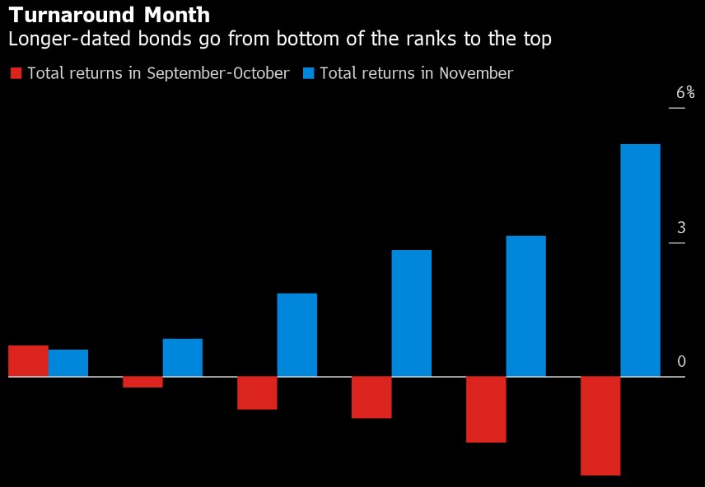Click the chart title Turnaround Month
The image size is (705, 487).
pos(109,15)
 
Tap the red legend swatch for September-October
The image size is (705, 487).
pos(16,73)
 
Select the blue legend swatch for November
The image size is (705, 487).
pos(308,73)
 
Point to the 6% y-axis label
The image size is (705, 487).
pos(685,93)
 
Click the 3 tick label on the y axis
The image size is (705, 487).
pos(681,228)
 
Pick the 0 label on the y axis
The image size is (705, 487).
pos(681,362)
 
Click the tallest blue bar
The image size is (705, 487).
pos(640,260)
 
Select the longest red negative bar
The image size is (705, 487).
pos(600,425)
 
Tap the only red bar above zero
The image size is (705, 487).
pos(28,361)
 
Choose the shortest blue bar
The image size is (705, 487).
pos(68,363)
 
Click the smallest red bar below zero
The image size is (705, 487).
pos(142,382)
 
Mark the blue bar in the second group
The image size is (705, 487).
pos(183,358)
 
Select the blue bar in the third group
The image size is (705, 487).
pos(296,335)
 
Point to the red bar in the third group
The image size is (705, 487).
pos(257,392)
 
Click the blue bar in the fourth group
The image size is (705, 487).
pos(411,313)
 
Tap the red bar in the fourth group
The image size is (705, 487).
pos(371,397)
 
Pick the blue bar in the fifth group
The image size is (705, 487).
pos(525,306)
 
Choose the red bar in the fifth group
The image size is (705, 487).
pos(486,410)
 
